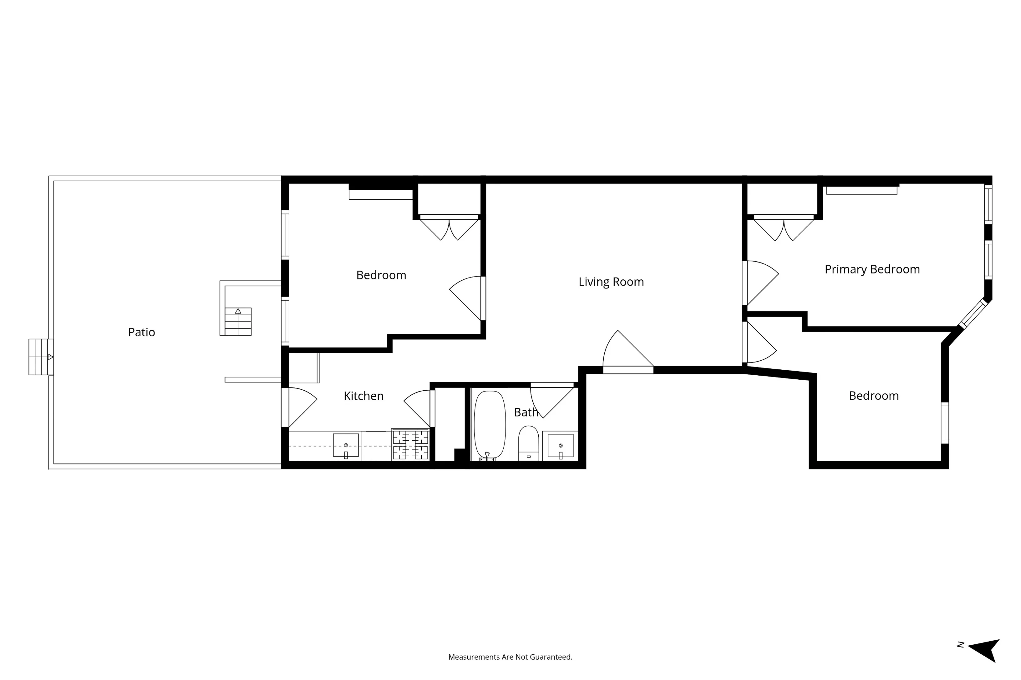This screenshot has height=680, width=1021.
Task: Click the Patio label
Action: point(141,332)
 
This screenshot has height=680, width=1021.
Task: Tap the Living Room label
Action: point(611,282)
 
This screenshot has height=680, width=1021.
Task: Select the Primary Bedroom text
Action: point(872,269)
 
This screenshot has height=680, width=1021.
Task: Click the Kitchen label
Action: point(363,396)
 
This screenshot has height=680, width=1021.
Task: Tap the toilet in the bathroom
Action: point(528,442)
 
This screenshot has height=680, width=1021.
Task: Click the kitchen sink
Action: point(346,445)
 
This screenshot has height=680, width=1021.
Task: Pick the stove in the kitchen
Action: point(410,444)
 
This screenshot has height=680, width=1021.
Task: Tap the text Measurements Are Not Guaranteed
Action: point(510,657)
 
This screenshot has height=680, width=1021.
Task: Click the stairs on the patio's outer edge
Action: point(41,357)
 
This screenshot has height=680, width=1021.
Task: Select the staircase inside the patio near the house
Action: point(238,321)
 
